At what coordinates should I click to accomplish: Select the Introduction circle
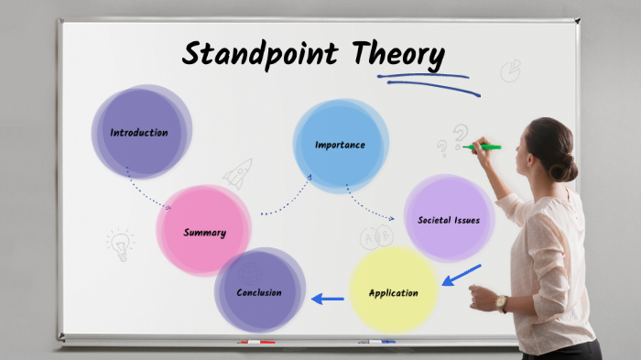click(x=140, y=132)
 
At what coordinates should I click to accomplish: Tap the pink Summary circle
click(x=203, y=231)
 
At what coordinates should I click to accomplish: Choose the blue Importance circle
click(x=340, y=145)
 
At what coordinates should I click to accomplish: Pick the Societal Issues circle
click(x=449, y=220)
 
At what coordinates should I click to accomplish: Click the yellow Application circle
click(x=393, y=292)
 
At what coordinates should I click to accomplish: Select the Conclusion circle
click(x=259, y=291)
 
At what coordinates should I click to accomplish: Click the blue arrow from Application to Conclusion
click(x=327, y=298)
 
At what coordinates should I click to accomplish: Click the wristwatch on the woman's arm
click(x=501, y=303)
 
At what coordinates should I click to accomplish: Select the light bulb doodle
click(x=120, y=244)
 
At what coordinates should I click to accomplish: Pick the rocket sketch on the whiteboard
click(x=238, y=173)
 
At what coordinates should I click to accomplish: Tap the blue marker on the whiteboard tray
click(x=377, y=342)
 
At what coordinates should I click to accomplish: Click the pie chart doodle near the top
click(x=510, y=71)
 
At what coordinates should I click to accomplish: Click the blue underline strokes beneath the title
click(x=426, y=82)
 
